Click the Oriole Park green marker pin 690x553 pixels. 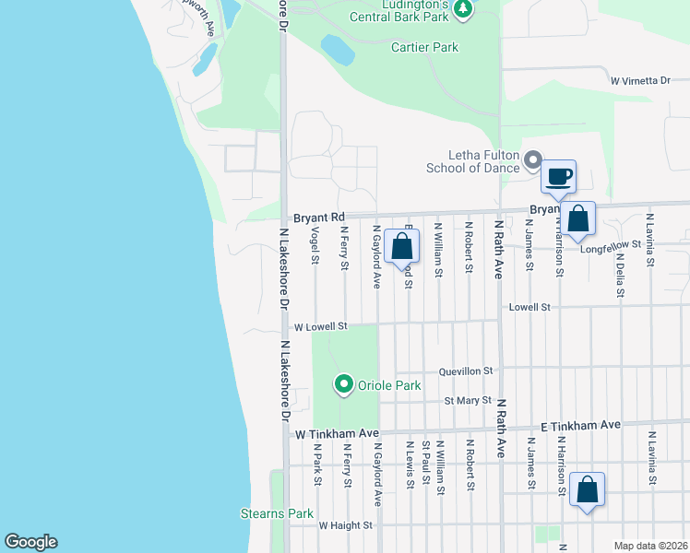pyautogui.click(x=344, y=383)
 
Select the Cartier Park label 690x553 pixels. pyautogui.click(x=424, y=47)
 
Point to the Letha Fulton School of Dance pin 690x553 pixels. pyautogui.click(x=531, y=161)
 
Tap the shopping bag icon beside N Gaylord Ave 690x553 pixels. pyautogui.click(x=402, y=246)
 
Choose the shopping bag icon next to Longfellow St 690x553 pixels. pyautogui.click(x=578, y=219)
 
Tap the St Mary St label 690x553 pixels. pyautogui.click(x=467, y=401)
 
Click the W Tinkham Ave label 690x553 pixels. pyautogui.click(x=337, y=433)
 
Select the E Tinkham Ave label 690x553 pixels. pyautogui.click(x=580, y=425)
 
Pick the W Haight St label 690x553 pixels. pyautogui.click(x=345, y=525)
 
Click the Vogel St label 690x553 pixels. pyautogui.click(x=315, y=246)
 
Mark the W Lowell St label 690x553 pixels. pyautogui.click(x=320, y=326)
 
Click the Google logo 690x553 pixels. pyautogui.click(x=30, y=542)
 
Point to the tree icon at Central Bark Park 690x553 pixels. pyautogui.click(x=464, y=9)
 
